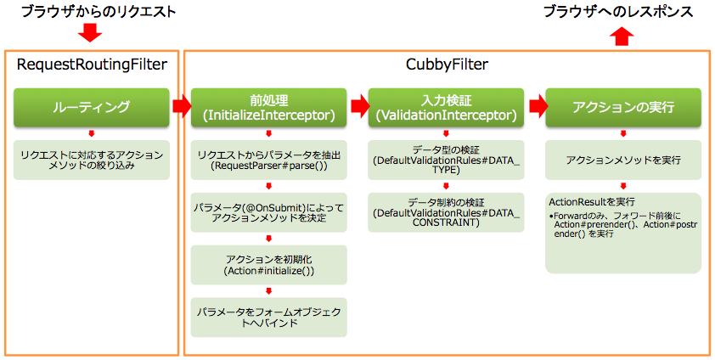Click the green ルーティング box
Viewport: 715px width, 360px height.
[91, 107]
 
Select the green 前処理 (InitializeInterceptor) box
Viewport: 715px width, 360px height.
[269, 107]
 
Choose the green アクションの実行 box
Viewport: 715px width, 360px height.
[624, 107]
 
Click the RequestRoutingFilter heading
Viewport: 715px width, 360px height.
[92, 65]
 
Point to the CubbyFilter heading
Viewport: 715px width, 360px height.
[446, 65]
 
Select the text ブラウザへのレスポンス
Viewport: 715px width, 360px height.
[617, 11]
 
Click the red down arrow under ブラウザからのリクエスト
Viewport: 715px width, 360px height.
[89, 33]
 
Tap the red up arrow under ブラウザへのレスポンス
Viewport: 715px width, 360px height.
[622, 35]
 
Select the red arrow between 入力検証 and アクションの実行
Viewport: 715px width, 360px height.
[538, 107]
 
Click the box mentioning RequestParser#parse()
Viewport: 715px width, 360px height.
[269, 160]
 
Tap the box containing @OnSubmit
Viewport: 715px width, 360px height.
[269, 212]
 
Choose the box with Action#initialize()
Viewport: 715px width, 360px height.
[269, 265]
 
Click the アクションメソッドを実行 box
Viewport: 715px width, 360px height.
[624, 160]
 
